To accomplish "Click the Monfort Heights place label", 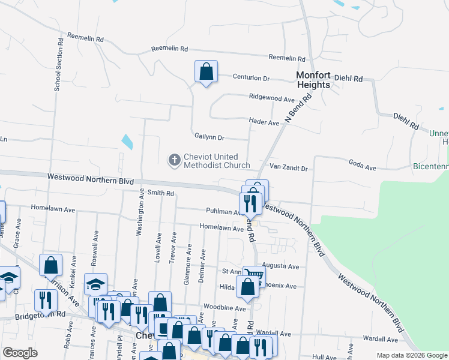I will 313,80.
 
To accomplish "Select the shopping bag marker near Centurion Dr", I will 206,72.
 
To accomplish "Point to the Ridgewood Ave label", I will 272,98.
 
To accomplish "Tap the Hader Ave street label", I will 265,123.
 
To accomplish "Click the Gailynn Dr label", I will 209,137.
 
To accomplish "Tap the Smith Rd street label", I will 161,193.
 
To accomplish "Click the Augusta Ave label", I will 285,266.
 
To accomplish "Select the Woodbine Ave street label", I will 224,308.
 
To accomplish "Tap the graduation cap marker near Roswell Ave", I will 95,284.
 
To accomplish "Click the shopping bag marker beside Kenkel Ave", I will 51,265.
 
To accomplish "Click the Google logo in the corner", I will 20,353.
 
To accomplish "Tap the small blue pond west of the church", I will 127,142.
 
